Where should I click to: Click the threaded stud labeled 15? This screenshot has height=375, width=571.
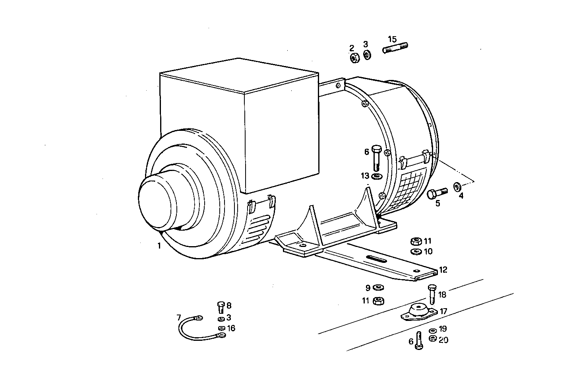(396, 49)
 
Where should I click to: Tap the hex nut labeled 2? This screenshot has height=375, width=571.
(354, 58)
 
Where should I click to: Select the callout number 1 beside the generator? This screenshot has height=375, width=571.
(159, 246)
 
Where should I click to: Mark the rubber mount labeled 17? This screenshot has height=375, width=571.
(417, 311)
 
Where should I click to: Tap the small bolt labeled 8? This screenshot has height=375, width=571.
(221, 307)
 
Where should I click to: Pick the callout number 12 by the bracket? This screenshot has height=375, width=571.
(443, 270)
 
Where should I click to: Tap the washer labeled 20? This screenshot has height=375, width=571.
(433, 339)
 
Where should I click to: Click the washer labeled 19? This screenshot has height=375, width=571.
(432, 330)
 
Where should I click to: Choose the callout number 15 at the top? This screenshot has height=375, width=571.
(392, 39)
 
